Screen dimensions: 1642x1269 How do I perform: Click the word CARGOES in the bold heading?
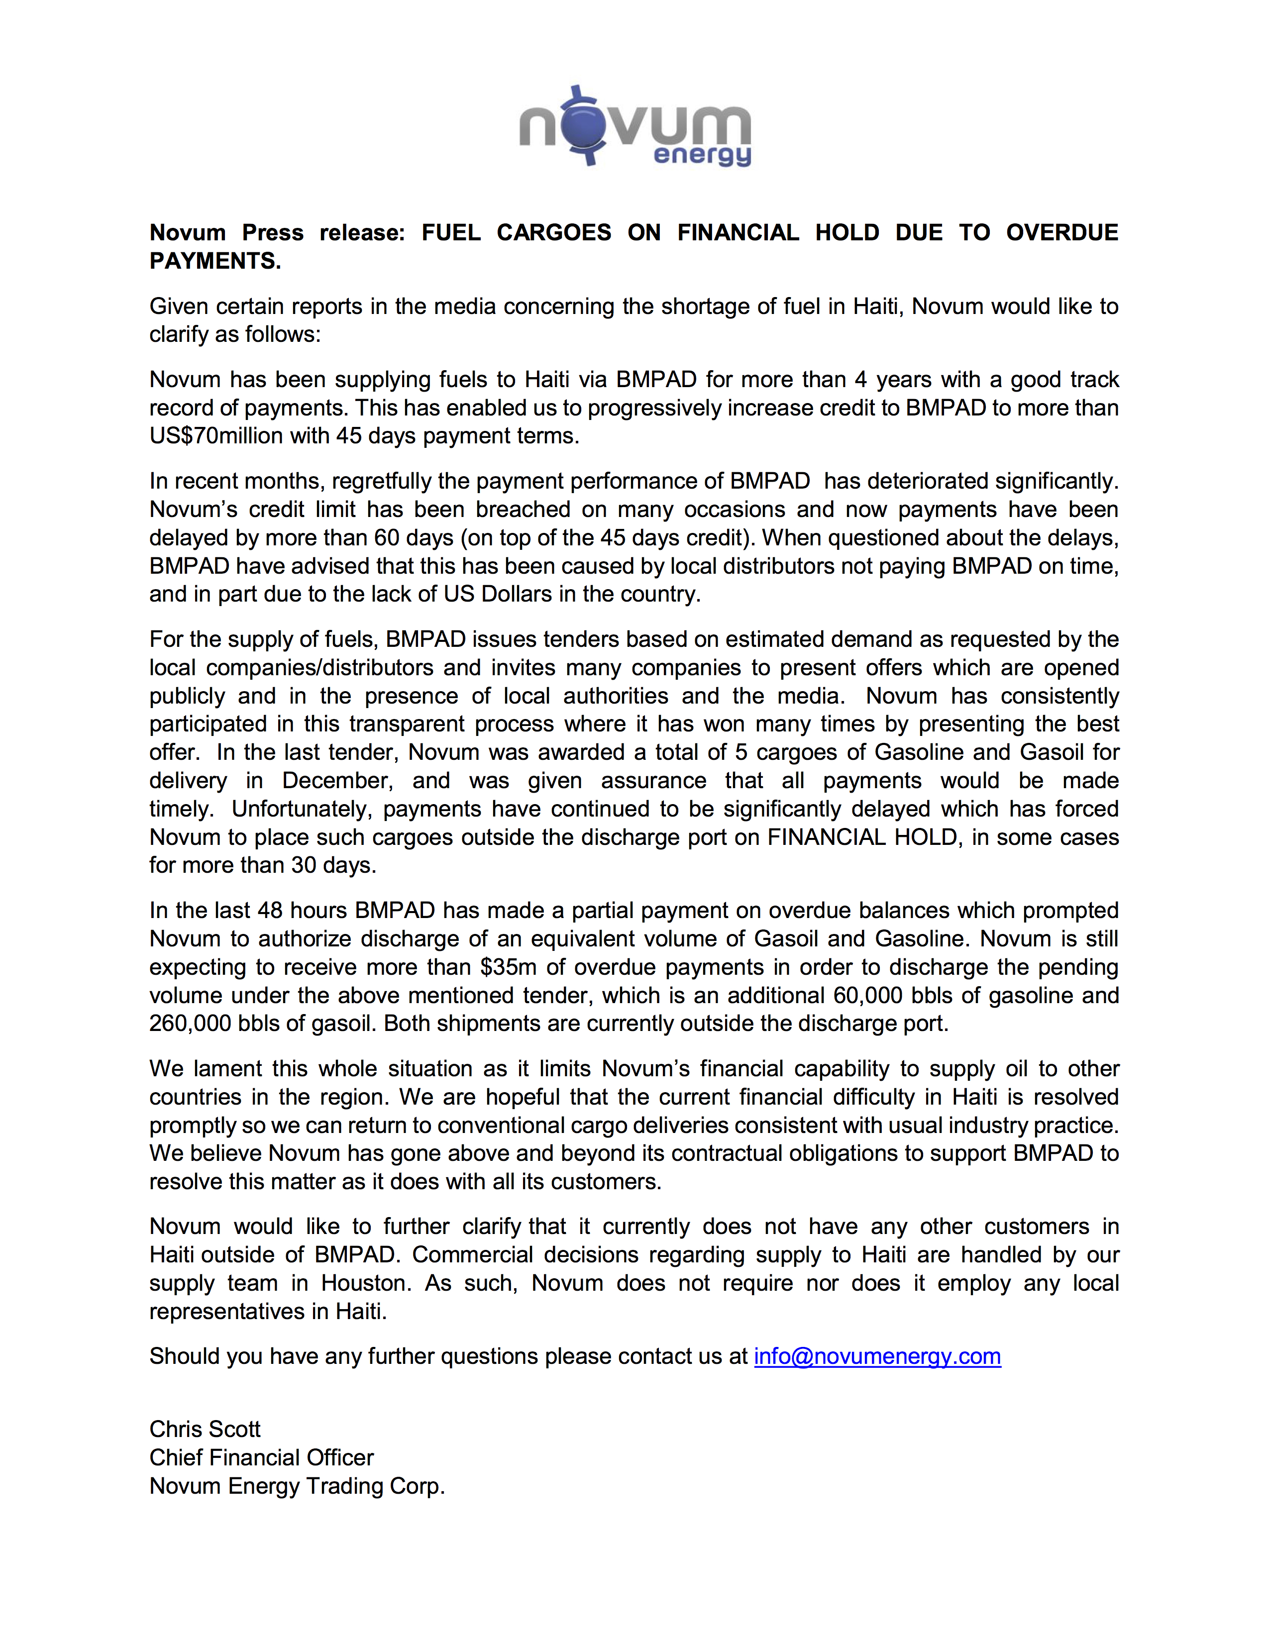(554, 232)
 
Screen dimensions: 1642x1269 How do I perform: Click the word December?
(337, 780)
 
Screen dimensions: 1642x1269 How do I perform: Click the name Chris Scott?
(205, 1429)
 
